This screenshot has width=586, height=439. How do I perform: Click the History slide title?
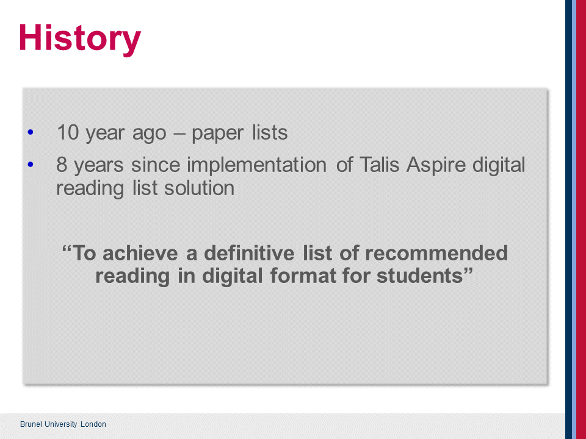coord(80,39)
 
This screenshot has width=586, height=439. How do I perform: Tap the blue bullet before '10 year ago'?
coord(31,132)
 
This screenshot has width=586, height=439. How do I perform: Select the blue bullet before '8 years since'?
coord(31,164)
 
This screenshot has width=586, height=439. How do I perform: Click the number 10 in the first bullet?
coord(68,132)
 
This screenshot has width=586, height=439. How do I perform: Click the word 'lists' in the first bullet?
coord(270,132)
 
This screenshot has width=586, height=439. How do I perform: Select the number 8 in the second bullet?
coord(62,165)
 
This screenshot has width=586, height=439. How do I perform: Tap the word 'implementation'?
coord(257,166)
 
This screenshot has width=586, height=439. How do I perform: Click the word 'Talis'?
coord(379,165)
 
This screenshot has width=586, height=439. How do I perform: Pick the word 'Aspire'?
coord(436,166)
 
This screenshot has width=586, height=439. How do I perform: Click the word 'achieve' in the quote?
coord(140,253)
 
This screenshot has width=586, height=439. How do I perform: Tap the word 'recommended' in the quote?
coord(436,253)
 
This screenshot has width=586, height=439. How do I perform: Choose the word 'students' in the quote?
coord(420,276)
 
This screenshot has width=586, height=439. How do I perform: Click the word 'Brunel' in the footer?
coord(31,424)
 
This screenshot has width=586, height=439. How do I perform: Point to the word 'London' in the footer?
coord(93,424)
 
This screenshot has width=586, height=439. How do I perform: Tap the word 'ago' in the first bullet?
coord(149,134)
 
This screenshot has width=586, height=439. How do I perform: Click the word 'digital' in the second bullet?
coord(499,166)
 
